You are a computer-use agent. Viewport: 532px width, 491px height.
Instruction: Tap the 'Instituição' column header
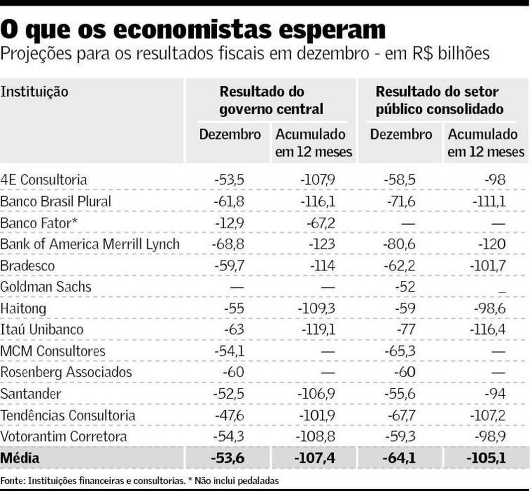pyautogui.click(x=35, y=92)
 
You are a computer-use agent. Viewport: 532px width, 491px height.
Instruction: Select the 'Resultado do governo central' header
pyautogui.click(x=271, y=101)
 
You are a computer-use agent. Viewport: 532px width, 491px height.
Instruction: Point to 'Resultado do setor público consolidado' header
pyautogui.click(x=439, y=101)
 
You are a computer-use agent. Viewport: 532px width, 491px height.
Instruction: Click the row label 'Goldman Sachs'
pyautogui.click(x=46, y=287)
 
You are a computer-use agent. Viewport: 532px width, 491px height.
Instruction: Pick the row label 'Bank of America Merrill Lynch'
pyautogui.click(x=90, y=244)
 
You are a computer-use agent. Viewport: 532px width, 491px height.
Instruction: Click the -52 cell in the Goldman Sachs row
pyautogui.click(x=405, y=287)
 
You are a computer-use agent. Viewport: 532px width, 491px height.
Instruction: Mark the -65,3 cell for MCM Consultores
pyautogui.click(x=401, y=351)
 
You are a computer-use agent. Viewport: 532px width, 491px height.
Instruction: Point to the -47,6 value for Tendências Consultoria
pyautogui.click(x=229, y=415)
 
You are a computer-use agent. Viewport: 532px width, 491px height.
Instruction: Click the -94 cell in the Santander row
pyautogui.click(x=495, y=394)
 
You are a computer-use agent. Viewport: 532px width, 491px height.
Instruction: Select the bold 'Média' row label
pyautogui.click(x=20, y=458)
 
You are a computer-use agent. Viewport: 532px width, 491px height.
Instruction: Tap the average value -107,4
pyautogui.click(x=315, y=458)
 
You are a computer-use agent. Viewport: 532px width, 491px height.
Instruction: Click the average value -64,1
pyautogui.click(x=399, y=458)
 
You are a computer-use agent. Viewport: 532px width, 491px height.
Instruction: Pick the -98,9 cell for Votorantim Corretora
pyautogui.click(x=491, y=436)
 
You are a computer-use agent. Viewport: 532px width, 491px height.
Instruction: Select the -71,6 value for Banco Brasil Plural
pyautogui.click(x=401, y=202)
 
